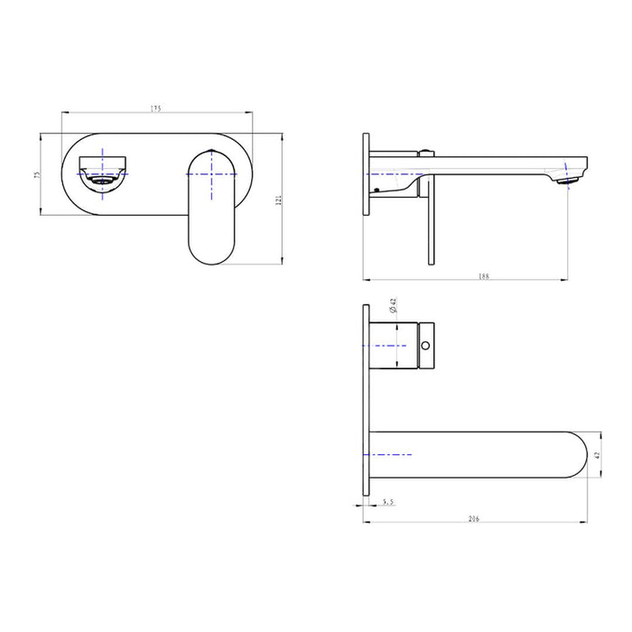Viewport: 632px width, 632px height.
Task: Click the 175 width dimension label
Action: coord(155,108)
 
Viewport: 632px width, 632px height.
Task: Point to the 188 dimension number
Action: coord(484,277)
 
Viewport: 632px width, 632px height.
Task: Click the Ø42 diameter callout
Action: coord(394,308)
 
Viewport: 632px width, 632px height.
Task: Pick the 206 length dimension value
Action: coord(475,518)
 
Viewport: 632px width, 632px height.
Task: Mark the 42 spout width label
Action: coord(597,455)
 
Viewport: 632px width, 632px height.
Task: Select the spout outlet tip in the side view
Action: coord(570,180)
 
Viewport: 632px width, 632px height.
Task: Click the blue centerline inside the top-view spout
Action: coord(392,454)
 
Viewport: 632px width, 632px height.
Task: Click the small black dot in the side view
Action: coord(372,190)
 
